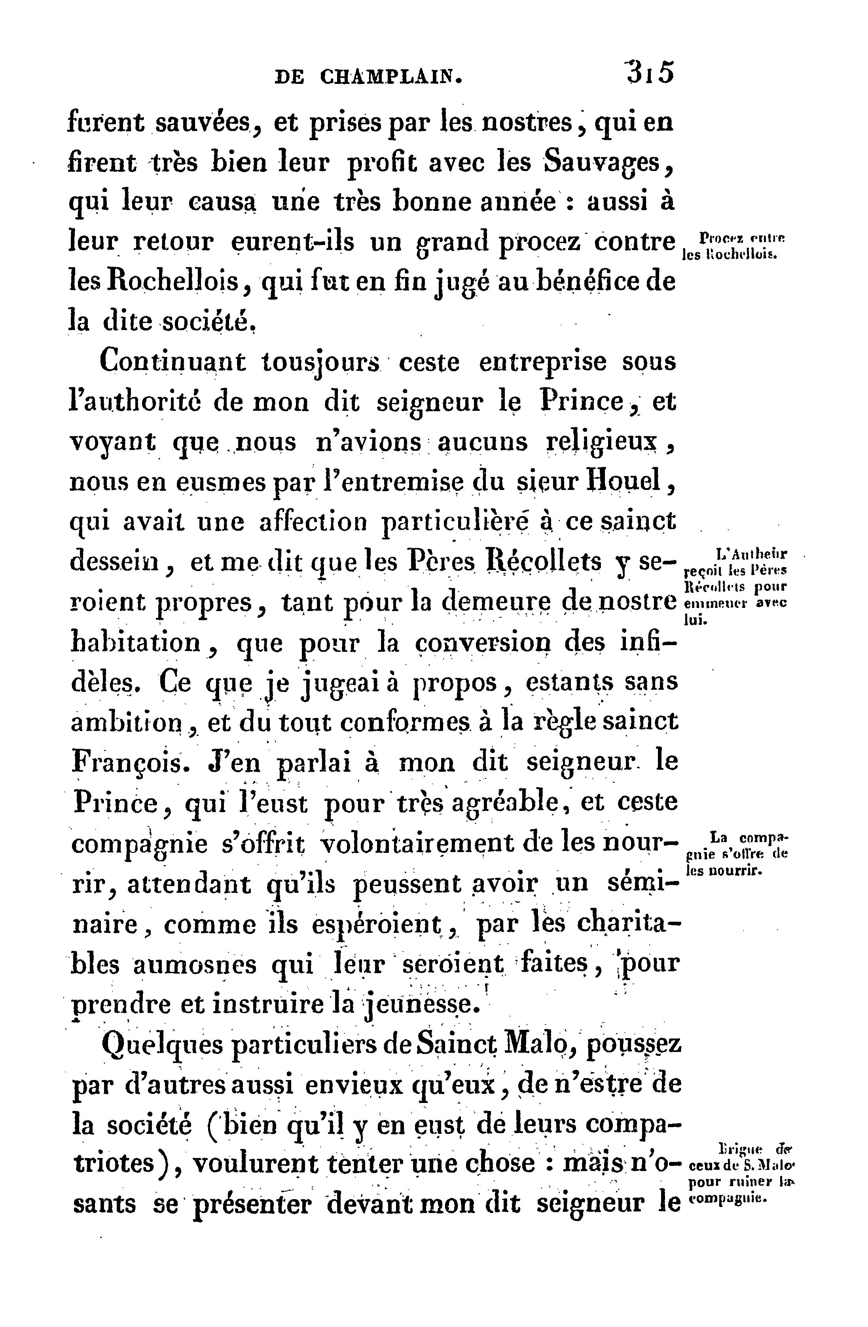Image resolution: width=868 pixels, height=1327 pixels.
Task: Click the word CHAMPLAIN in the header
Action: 391,76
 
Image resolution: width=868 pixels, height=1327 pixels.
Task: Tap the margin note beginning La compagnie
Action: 735,854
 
